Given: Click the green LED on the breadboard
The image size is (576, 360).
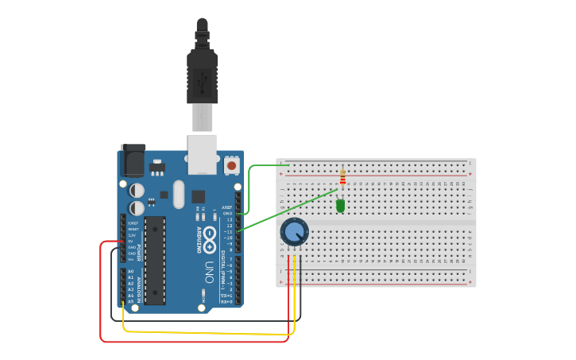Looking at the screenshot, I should pos(340,206).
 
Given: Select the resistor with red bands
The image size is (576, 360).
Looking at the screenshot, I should pos(342,177).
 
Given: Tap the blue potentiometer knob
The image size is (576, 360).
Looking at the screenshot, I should pos(294,232).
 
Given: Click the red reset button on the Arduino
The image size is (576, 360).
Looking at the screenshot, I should pos(231,166).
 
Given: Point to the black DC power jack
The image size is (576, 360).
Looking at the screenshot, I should pos(131,161).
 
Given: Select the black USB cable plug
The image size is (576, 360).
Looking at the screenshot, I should pos(202,75).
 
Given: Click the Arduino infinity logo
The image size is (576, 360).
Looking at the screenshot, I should pos(210,236).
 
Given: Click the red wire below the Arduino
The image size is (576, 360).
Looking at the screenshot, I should pos(191,341).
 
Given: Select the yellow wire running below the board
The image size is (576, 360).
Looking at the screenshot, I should pos(207,332).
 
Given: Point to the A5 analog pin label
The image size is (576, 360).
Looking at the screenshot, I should pos(131,301).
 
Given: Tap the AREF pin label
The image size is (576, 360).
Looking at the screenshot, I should pos(227,207).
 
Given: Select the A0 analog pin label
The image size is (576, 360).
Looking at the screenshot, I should pos(131,271).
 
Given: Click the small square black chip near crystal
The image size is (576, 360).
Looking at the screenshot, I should pos(198,196).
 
